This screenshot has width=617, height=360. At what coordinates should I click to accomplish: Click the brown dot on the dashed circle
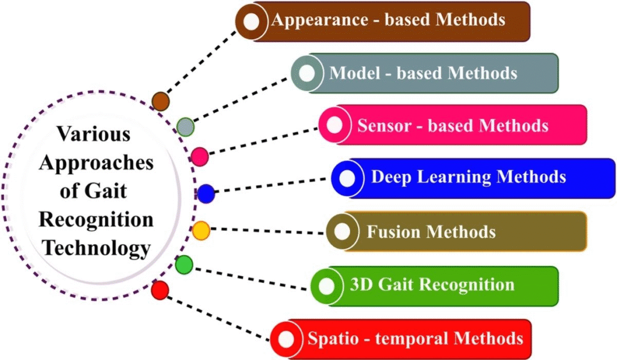point(160,101)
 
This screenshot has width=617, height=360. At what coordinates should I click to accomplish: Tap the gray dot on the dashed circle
point(186,127)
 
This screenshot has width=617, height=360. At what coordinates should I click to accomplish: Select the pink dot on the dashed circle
point(199,156)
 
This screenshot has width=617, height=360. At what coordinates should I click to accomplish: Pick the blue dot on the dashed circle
point(205,194)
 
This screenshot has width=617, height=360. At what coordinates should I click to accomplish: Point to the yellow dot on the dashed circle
point(201,230)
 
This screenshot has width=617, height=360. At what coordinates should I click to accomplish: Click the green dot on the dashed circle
point(184,264)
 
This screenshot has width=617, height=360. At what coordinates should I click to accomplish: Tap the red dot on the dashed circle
point(160,291)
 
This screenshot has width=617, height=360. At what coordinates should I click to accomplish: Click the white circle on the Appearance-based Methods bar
point(252,22)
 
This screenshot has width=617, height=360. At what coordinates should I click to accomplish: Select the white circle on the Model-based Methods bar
point(307,74)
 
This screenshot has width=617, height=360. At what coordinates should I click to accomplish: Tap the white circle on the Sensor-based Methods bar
point(334,125)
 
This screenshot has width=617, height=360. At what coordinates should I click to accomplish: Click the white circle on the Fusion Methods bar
point(342,232)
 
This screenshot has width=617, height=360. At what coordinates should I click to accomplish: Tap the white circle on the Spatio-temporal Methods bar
point(286,338)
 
